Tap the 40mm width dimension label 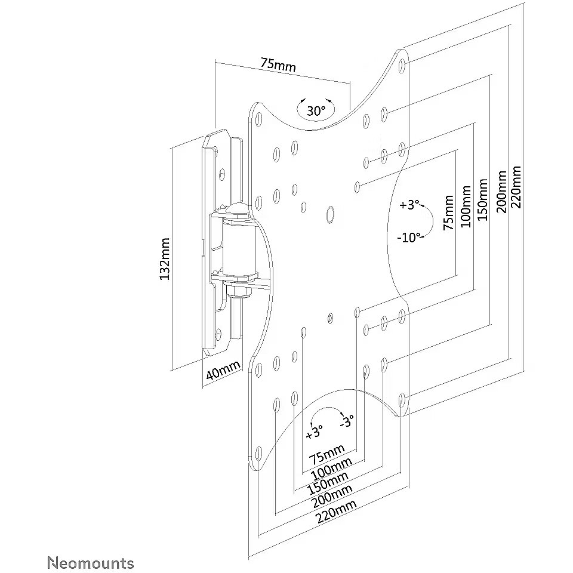click(x=223, y=370)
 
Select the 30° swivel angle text click(x=316, y=110)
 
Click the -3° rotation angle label click(x=346, y=421)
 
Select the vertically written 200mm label click(x=501, y=191)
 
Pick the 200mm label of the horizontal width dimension click(x=331, y=497)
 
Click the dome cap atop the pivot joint click(x=238, y=210)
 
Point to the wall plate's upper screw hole click(x=222, y=174)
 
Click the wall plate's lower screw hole click(x=218, y=333)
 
